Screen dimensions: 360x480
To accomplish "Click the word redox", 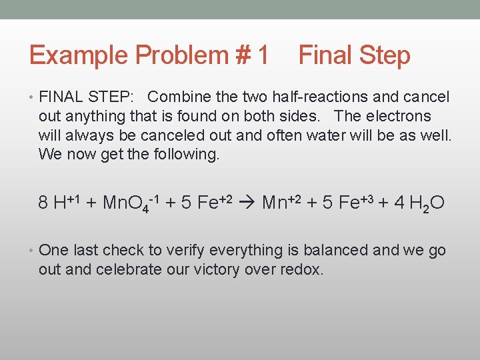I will pyautogui.click(x=301, y=269).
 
